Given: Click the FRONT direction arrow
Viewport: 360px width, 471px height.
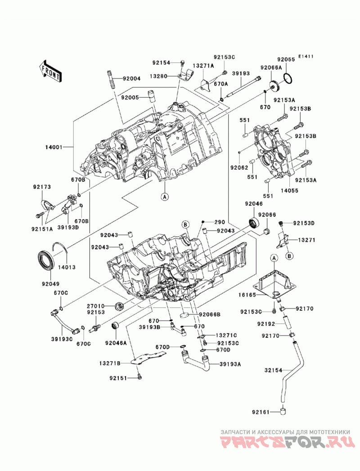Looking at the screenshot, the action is [50, 71].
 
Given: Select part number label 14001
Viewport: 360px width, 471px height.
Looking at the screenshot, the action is [54, 147].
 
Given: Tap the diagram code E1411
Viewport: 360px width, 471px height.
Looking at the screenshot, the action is [306, 56].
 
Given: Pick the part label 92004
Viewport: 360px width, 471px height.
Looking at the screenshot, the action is [131, 79].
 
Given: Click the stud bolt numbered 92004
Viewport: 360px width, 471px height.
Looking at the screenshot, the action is [110, 79].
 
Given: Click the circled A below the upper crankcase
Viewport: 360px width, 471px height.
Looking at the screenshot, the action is [164, 197].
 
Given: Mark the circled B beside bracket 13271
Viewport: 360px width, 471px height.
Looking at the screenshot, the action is [289, 256].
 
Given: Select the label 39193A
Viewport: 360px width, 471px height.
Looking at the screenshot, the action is [230, 364].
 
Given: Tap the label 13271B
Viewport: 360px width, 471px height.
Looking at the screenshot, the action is [110, 363].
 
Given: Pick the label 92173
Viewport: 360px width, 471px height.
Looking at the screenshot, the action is [42, 187].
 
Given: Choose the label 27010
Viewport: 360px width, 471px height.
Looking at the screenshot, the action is [96, 306].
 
